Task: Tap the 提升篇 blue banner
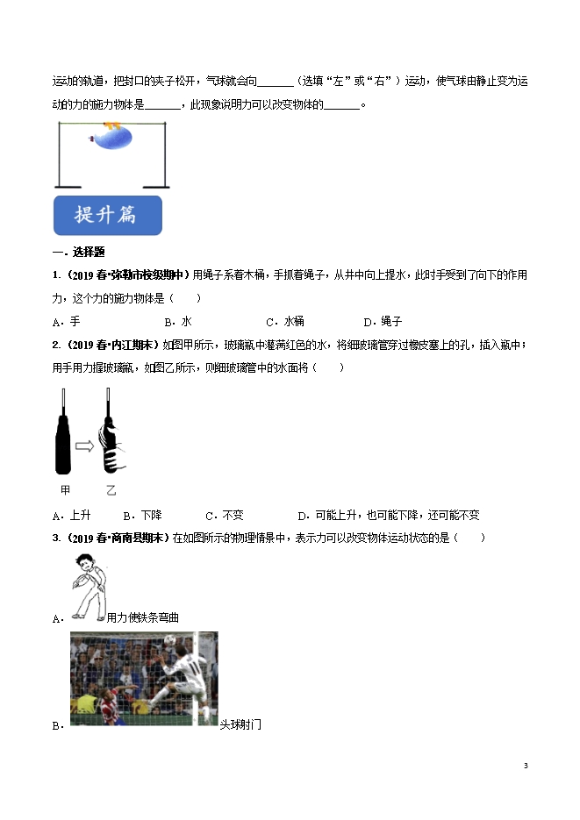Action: click(x=107, y=215)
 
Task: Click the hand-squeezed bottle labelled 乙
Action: click(x=111, y=434)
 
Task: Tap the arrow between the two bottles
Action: click(x=86, y=447)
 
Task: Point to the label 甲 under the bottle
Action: click(x=65, y=489)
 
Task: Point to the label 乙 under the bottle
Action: click(x=111, y=489)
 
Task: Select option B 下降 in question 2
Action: click(x=143, y=515)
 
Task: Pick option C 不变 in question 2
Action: click(x=225, y=515)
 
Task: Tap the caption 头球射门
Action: click(x=240, y=724)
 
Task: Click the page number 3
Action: click(x=526, y=766)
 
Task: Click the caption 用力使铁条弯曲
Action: click(x=143, y=617)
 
